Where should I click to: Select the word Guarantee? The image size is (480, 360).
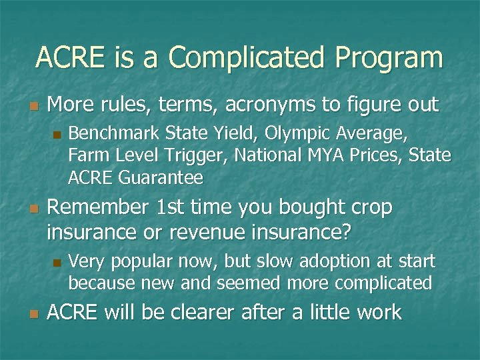point(159,177)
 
